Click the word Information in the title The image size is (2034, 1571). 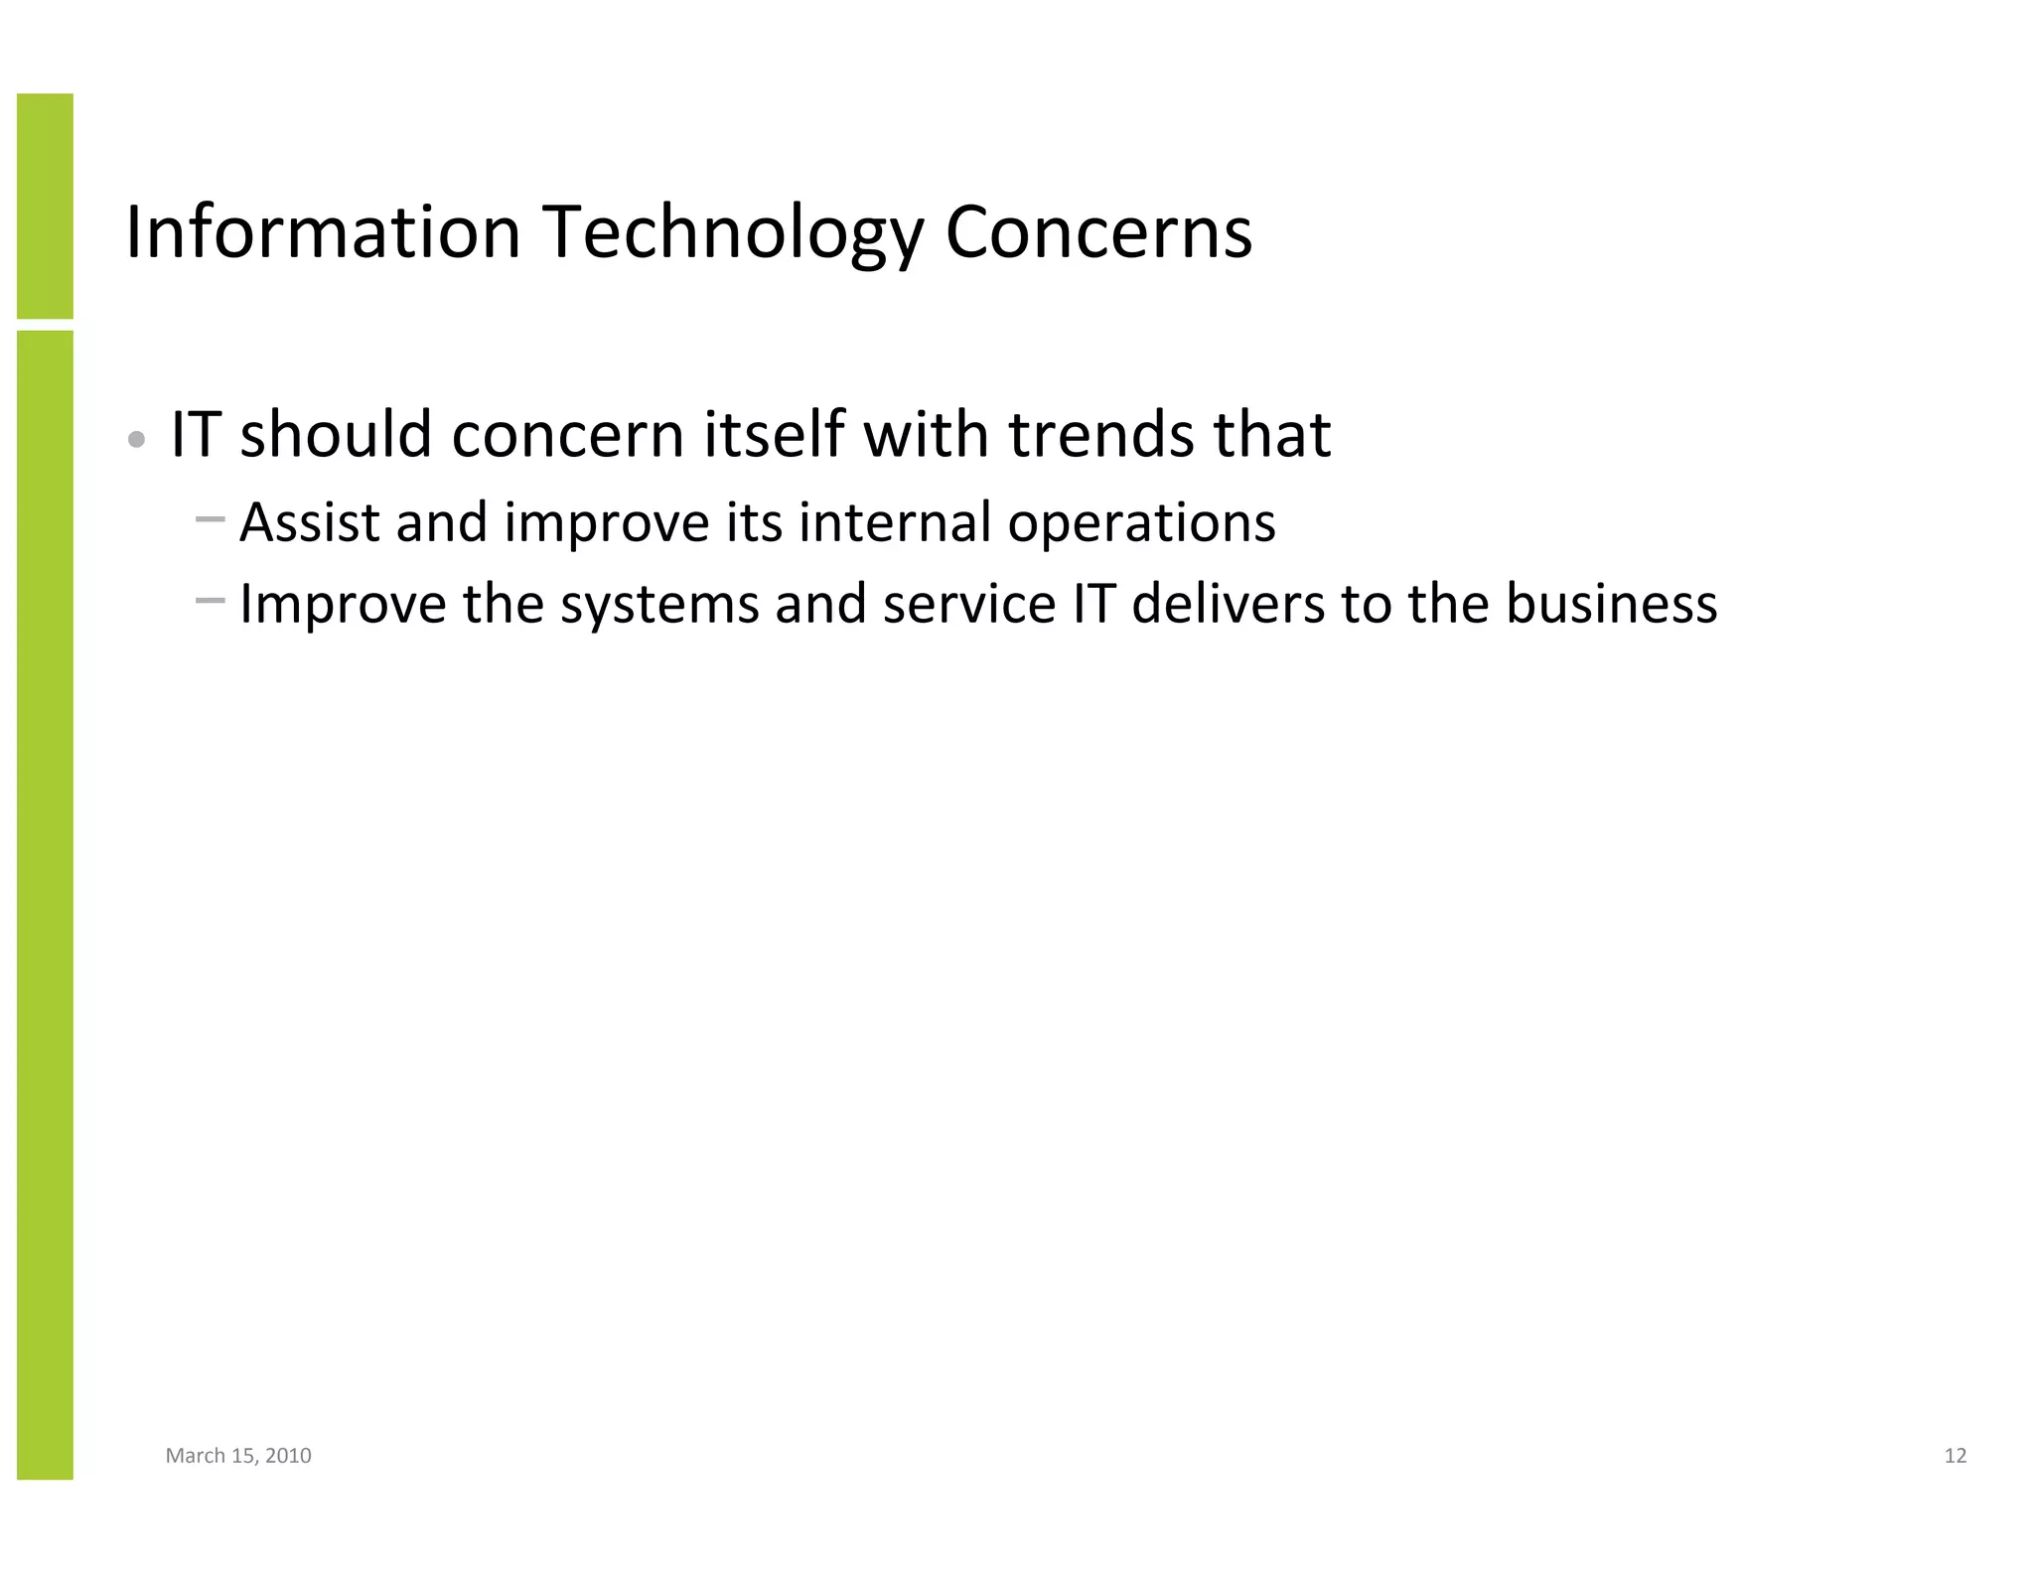324,232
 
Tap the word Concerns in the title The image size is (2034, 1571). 1098,232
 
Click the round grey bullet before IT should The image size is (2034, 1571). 138,438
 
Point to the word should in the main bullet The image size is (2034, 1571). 337,434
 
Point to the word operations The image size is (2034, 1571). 1142,523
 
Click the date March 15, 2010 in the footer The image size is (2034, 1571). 238,1456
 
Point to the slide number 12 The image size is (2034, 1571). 1955,1456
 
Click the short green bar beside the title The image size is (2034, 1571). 45,206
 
